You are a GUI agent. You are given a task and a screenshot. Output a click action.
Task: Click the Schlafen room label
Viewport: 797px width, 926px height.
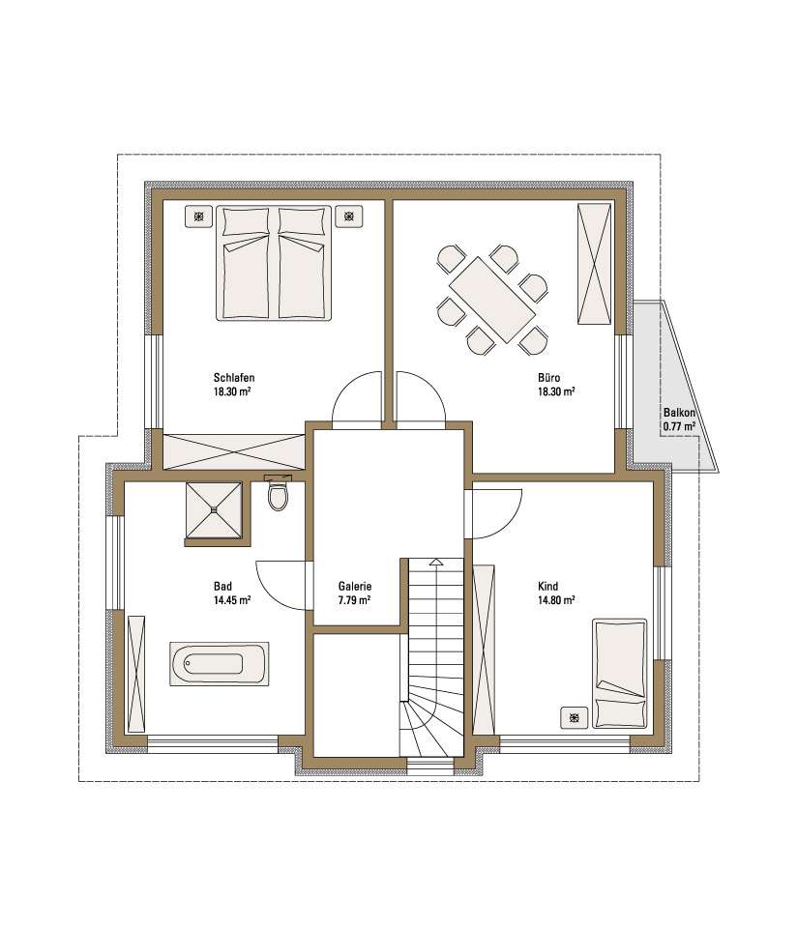click(x=234, y=378)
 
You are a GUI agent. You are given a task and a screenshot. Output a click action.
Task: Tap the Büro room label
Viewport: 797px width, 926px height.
click(x=548, y=377)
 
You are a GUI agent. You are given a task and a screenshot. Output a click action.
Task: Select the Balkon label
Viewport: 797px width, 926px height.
click(x=679, y=413)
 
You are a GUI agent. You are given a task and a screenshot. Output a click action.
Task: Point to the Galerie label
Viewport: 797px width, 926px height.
click(x=354, y=587)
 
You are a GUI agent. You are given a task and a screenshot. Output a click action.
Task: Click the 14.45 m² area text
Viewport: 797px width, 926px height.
click(x=232, y=600)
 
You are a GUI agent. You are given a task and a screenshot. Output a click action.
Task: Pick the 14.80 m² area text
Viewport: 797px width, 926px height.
click(x=556, y=600)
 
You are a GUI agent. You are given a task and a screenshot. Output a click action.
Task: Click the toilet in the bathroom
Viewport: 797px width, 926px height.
click(x=277, y=493)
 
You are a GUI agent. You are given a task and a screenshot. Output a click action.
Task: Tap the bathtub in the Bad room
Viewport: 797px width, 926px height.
click(x=220, y=664)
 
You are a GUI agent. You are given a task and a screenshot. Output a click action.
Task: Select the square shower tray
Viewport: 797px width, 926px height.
click(x=214, y=510)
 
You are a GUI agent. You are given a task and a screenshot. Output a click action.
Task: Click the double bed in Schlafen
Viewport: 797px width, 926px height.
click(x=274, y=263)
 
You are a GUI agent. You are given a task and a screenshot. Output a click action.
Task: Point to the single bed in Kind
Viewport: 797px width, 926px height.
click(x=620, y=674)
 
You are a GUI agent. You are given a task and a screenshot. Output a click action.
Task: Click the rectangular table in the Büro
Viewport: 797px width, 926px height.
click(x=492, y=300)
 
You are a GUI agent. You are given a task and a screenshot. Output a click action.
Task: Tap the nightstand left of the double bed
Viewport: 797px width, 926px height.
click(x=199, y=217)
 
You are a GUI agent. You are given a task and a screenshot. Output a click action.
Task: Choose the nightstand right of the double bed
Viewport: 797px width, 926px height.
click(x=349, y=217)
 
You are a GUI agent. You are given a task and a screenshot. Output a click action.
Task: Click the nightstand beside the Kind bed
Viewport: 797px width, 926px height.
click(x=575, y=717)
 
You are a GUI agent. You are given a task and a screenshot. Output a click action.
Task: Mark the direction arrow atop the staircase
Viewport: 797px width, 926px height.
click(x=435, y=562)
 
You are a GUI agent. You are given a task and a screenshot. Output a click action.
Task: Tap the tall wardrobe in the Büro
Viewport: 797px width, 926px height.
click(x=594, y=263)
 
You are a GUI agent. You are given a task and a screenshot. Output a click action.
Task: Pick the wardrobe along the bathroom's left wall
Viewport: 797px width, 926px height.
click(x=135, y=674)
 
